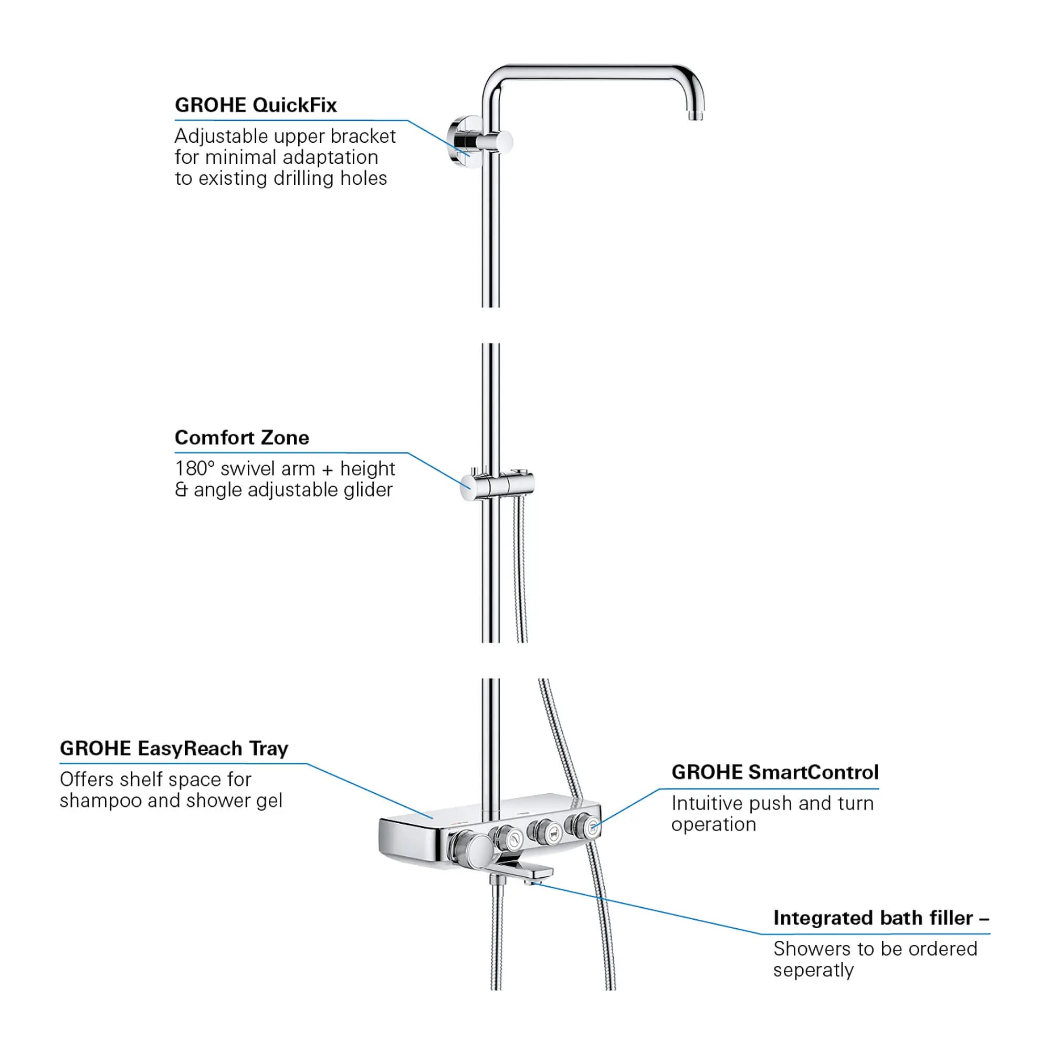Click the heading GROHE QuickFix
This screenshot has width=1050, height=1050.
(256, 105)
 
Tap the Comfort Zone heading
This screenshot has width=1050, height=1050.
(241, 437)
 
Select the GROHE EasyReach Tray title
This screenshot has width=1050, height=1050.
(174, 748)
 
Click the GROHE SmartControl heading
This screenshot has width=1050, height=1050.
(774, 772)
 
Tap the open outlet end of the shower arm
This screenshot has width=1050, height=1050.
(695, 115)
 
